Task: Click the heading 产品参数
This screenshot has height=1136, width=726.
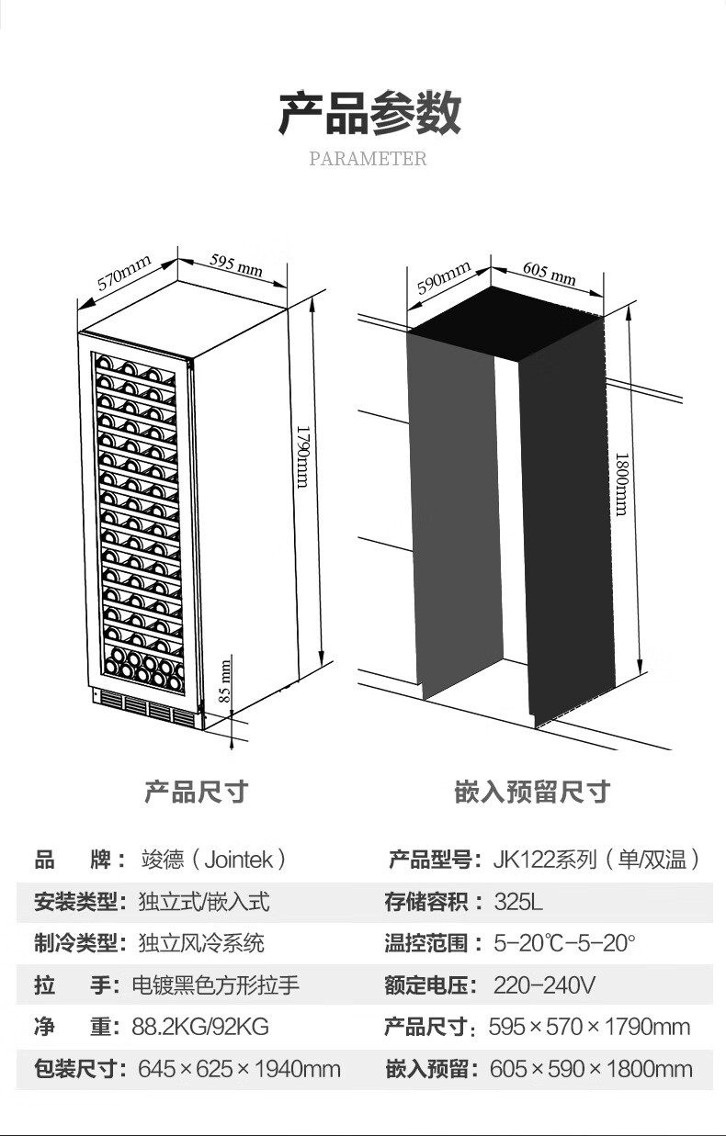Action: (369, 113)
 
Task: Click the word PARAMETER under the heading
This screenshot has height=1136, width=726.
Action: (368, 159)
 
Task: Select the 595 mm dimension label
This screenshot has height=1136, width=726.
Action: (236, 264)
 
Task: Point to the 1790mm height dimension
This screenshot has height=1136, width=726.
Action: (302, 456)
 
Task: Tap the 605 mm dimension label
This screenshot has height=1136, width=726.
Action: (550, 273)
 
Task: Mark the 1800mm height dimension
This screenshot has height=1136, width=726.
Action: (621, 484)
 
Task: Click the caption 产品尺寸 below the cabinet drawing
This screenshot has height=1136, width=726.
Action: (196, 792)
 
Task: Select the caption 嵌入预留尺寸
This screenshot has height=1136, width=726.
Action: (532, 792)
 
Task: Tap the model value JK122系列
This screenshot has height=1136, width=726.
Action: (596, 860)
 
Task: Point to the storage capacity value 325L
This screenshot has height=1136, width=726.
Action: (518, 902)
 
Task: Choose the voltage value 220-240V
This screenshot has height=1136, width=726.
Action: (544, 985)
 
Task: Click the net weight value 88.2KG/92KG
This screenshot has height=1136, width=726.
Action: (200, 1027)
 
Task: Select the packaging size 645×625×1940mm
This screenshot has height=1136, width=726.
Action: (239, 1069)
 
